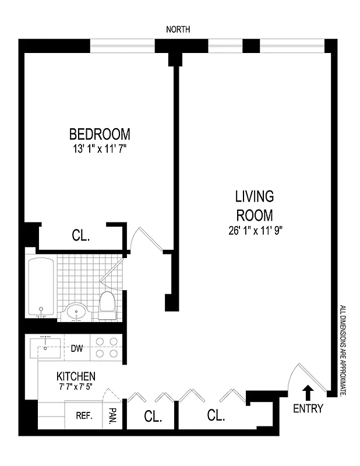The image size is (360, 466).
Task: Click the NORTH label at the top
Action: point(178,29)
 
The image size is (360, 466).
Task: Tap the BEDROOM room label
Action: point(100,134)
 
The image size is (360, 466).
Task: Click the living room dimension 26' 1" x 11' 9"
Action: point(255,230)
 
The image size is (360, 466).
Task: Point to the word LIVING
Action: point(255,196)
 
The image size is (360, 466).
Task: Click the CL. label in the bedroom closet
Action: point(81,236)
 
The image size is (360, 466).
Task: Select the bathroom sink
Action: point(76,312)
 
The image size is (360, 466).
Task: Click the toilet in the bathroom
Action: point(107,305)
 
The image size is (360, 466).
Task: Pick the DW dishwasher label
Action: point(76,349)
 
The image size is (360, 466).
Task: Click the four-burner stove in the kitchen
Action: point(108,348)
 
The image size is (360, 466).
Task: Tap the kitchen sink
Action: point(46,349)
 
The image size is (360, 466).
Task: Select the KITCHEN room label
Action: point(76,377)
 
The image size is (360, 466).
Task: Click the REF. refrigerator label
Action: point(84,416)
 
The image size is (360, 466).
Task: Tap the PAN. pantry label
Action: point(112,416)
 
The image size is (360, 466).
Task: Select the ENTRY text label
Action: point(308,409)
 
